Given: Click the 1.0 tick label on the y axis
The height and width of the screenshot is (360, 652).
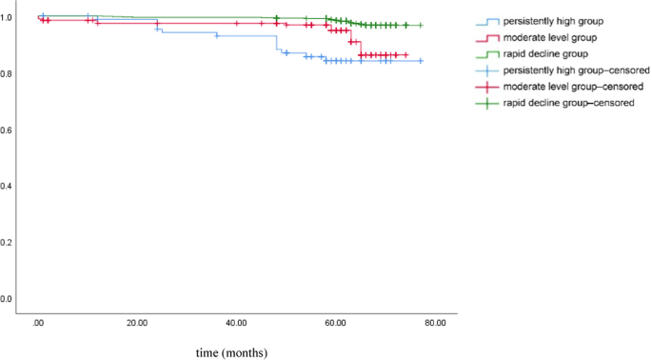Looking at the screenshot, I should point(9,17).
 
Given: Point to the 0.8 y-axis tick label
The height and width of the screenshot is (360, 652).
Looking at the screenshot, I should point(9,73).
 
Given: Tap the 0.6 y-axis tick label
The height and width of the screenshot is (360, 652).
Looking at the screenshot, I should point(9,130).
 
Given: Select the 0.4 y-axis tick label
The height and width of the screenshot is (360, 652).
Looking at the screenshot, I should point(9,186).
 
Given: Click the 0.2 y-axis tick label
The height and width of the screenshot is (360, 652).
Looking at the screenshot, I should point(9,242).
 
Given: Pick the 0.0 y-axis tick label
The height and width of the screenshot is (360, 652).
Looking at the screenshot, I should point(9,298).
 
